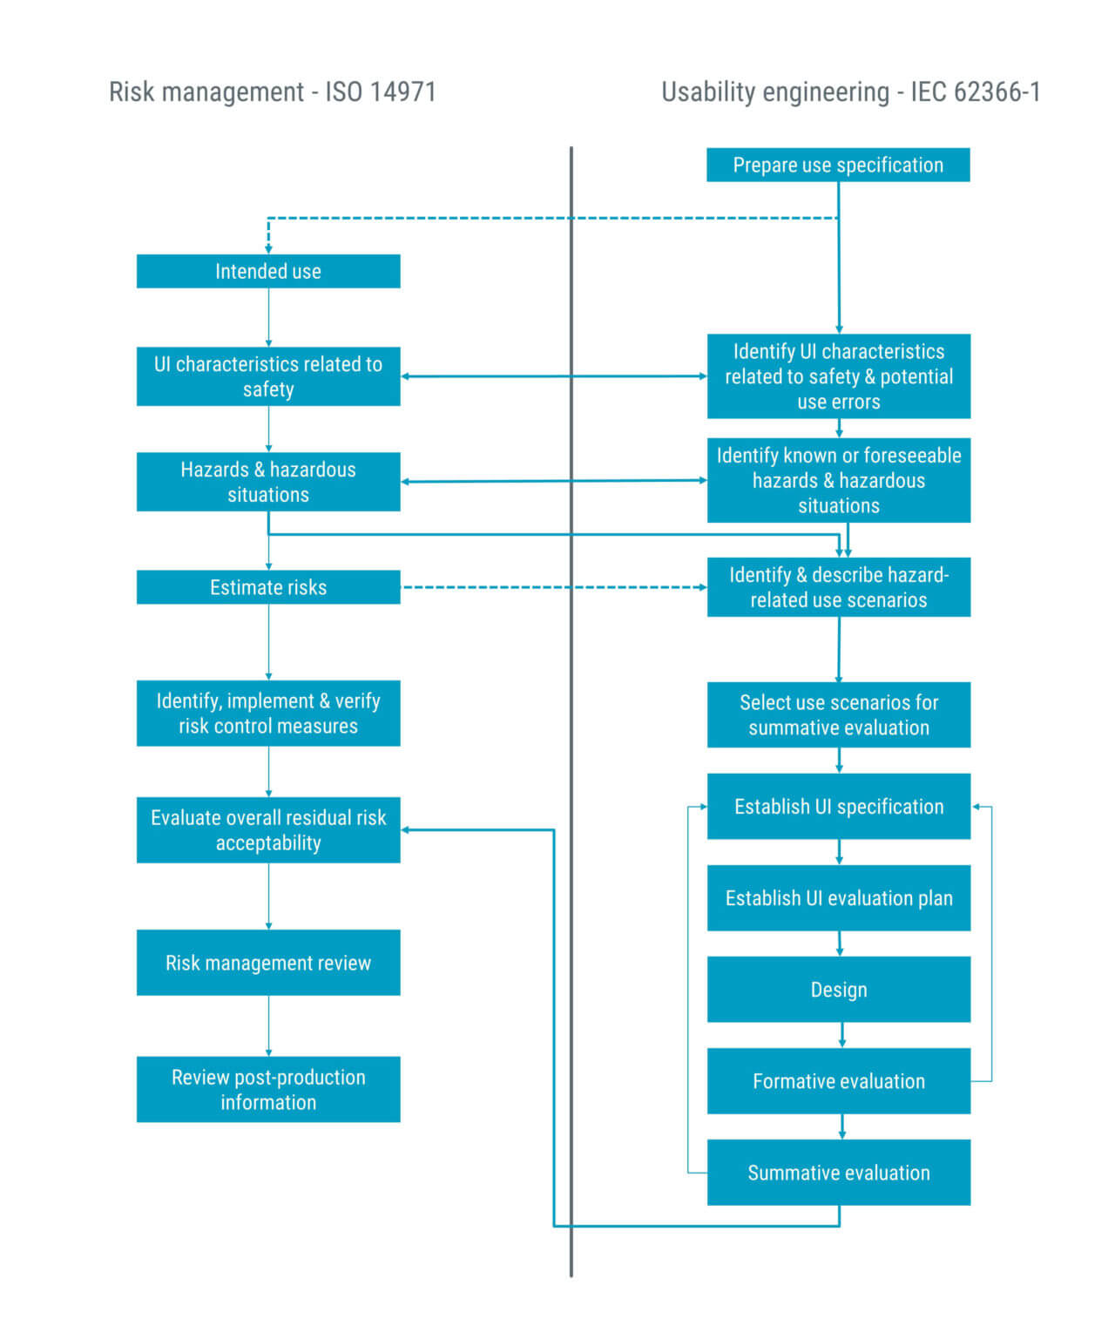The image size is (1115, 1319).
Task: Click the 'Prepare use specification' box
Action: (838, 165)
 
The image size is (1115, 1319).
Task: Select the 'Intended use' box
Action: (268, 271)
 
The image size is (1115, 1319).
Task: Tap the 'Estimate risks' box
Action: (268, 587)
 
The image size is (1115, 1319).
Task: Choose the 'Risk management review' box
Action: (268, 963)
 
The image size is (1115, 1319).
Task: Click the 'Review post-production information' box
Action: (268, 1089)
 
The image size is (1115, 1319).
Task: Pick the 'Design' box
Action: (838, 990)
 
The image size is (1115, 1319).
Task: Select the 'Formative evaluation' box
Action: (838, 1081)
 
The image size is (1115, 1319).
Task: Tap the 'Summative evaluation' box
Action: (838, 1173)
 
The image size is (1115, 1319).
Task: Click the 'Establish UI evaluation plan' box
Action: (838, 898)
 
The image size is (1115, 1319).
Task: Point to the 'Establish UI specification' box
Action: (838, 807)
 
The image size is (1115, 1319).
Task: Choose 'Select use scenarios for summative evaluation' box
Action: (838, 714)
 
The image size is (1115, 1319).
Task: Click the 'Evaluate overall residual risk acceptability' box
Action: (268, 830)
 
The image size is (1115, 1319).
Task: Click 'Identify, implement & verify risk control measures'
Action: (268, 714)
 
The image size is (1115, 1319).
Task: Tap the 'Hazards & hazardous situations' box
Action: (268, 482)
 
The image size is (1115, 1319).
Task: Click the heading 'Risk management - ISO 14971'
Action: (272, 92)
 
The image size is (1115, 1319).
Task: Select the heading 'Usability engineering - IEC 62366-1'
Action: (850, 92)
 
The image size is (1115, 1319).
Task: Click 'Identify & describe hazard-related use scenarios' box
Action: (838, 587)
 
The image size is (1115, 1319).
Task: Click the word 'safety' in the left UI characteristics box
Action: (268, 389)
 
